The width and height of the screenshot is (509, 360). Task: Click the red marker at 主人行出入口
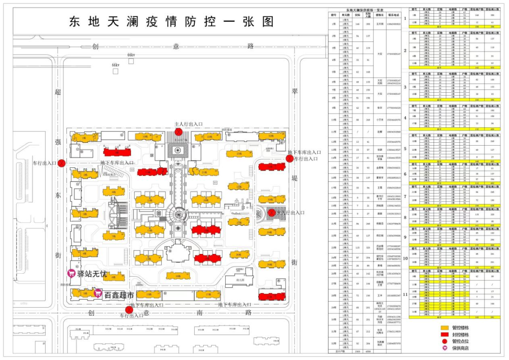(179, 131)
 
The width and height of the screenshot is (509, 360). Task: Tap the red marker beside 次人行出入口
(271, 213)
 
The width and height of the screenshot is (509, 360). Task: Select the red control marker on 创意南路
(129, 310)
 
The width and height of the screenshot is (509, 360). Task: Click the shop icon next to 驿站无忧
(72, 273)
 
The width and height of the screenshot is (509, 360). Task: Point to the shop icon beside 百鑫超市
(98, 294)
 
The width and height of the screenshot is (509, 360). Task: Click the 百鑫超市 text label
(119, 295)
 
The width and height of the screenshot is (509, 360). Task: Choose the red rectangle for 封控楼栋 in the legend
(444, 334)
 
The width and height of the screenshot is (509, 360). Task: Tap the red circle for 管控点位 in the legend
(444, 341)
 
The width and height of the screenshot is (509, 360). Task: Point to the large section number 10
(404, 258)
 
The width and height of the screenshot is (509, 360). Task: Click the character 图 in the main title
(268, 21)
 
